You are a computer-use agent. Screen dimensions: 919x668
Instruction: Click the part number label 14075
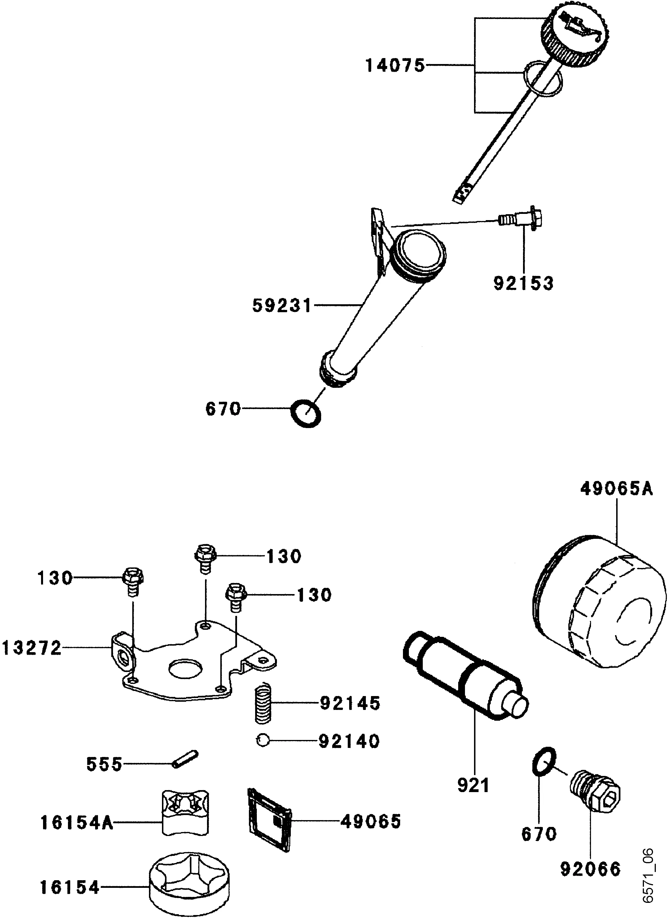click(x=395, y=65)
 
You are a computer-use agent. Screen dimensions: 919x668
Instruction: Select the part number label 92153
click(x=523, y=283)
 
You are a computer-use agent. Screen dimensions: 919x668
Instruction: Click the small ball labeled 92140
click(x=262, y=740)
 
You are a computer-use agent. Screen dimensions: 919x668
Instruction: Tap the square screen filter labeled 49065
click(x=269, y=823)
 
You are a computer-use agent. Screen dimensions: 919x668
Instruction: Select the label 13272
click(x=32, y=648)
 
